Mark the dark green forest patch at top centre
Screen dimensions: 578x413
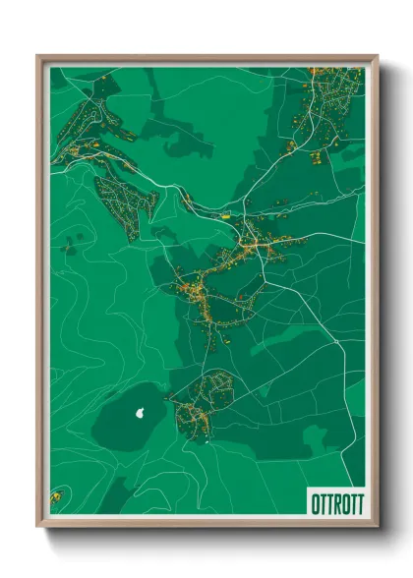coord(187,138)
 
